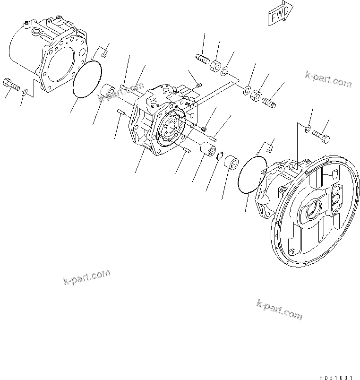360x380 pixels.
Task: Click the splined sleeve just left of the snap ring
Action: click(x=206, y=151)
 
